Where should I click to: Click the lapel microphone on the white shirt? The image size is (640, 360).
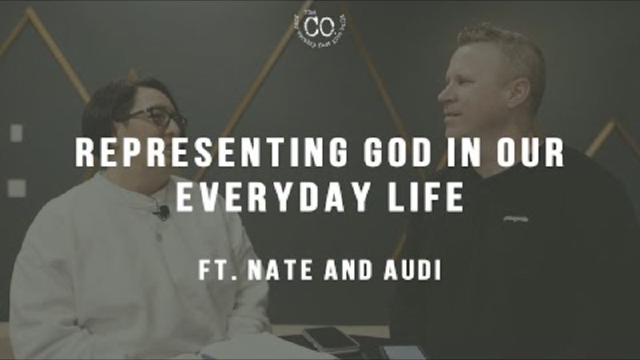click(162, 212)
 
